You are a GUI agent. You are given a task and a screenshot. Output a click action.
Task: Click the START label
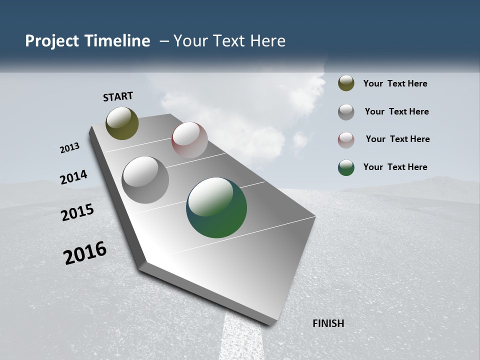(118, 96)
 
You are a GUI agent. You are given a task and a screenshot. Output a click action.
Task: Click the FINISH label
(328, 323)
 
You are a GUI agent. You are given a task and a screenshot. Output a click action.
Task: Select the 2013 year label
(69, 148)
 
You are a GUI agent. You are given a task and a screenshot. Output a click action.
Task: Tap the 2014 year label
(73, 177)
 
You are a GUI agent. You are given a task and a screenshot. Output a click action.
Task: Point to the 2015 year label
(77, 212)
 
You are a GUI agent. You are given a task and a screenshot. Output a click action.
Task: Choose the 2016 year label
(85, 253)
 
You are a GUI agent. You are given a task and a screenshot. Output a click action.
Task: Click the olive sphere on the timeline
(122, 123)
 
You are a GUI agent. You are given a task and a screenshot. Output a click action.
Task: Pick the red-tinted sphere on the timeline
(189, 140)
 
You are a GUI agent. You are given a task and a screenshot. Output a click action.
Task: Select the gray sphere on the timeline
(145, 180)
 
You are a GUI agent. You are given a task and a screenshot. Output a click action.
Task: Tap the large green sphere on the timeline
(216, 207)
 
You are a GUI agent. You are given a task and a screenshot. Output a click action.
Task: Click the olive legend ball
(346, 83)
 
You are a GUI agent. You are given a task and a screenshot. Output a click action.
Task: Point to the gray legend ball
(346, 112)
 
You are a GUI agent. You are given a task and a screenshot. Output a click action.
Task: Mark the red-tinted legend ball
(346, 140)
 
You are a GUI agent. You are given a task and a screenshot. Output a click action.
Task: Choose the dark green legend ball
(346, 167)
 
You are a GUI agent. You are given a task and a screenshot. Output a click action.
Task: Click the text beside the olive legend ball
(395, 84)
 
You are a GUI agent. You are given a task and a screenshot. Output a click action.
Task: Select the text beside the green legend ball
(395, 167)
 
